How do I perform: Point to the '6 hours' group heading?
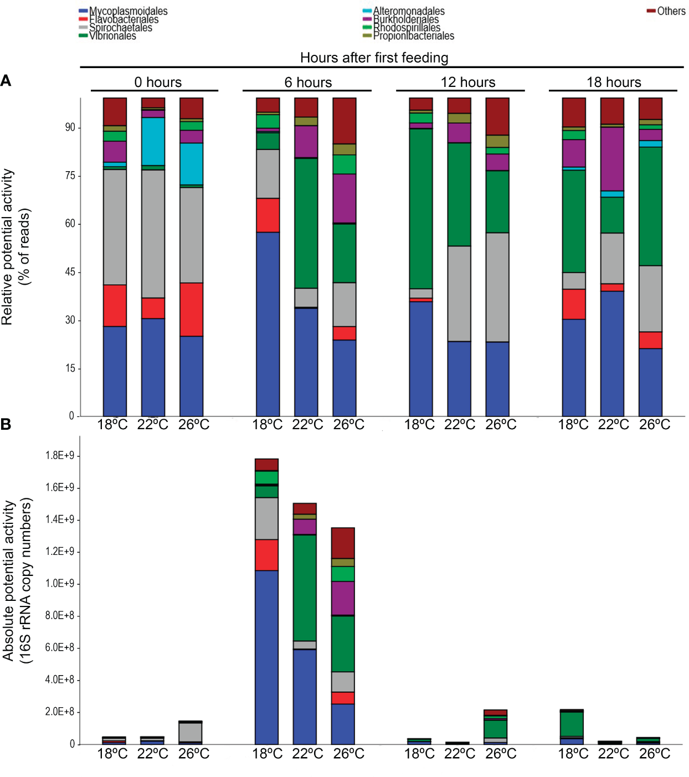point(308,83)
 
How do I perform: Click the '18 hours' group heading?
point(614,83)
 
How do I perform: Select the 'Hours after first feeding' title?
point(374,58)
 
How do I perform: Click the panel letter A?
point(6,81)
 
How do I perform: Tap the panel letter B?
point(6,424)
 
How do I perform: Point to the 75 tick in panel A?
point(70,176)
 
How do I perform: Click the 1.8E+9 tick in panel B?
point(59,456)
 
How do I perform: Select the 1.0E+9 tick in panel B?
point(59,584)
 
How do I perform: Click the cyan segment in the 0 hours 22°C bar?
point(153,141)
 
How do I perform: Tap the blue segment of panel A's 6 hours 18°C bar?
point(268,324)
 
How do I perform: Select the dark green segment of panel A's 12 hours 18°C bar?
point(421,208)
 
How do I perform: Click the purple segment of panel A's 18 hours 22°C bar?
point(612,159)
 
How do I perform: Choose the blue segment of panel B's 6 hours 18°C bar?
point(266,657)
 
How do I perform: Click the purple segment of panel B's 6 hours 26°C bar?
point(343,598)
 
